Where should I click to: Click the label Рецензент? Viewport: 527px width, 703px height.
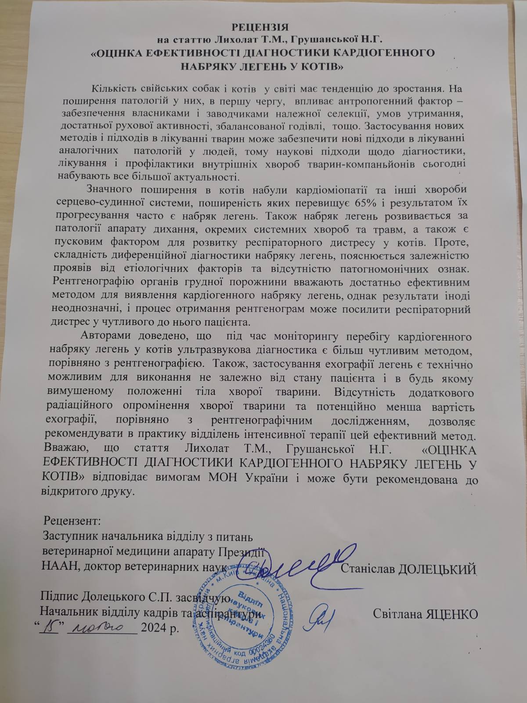(72, 521)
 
